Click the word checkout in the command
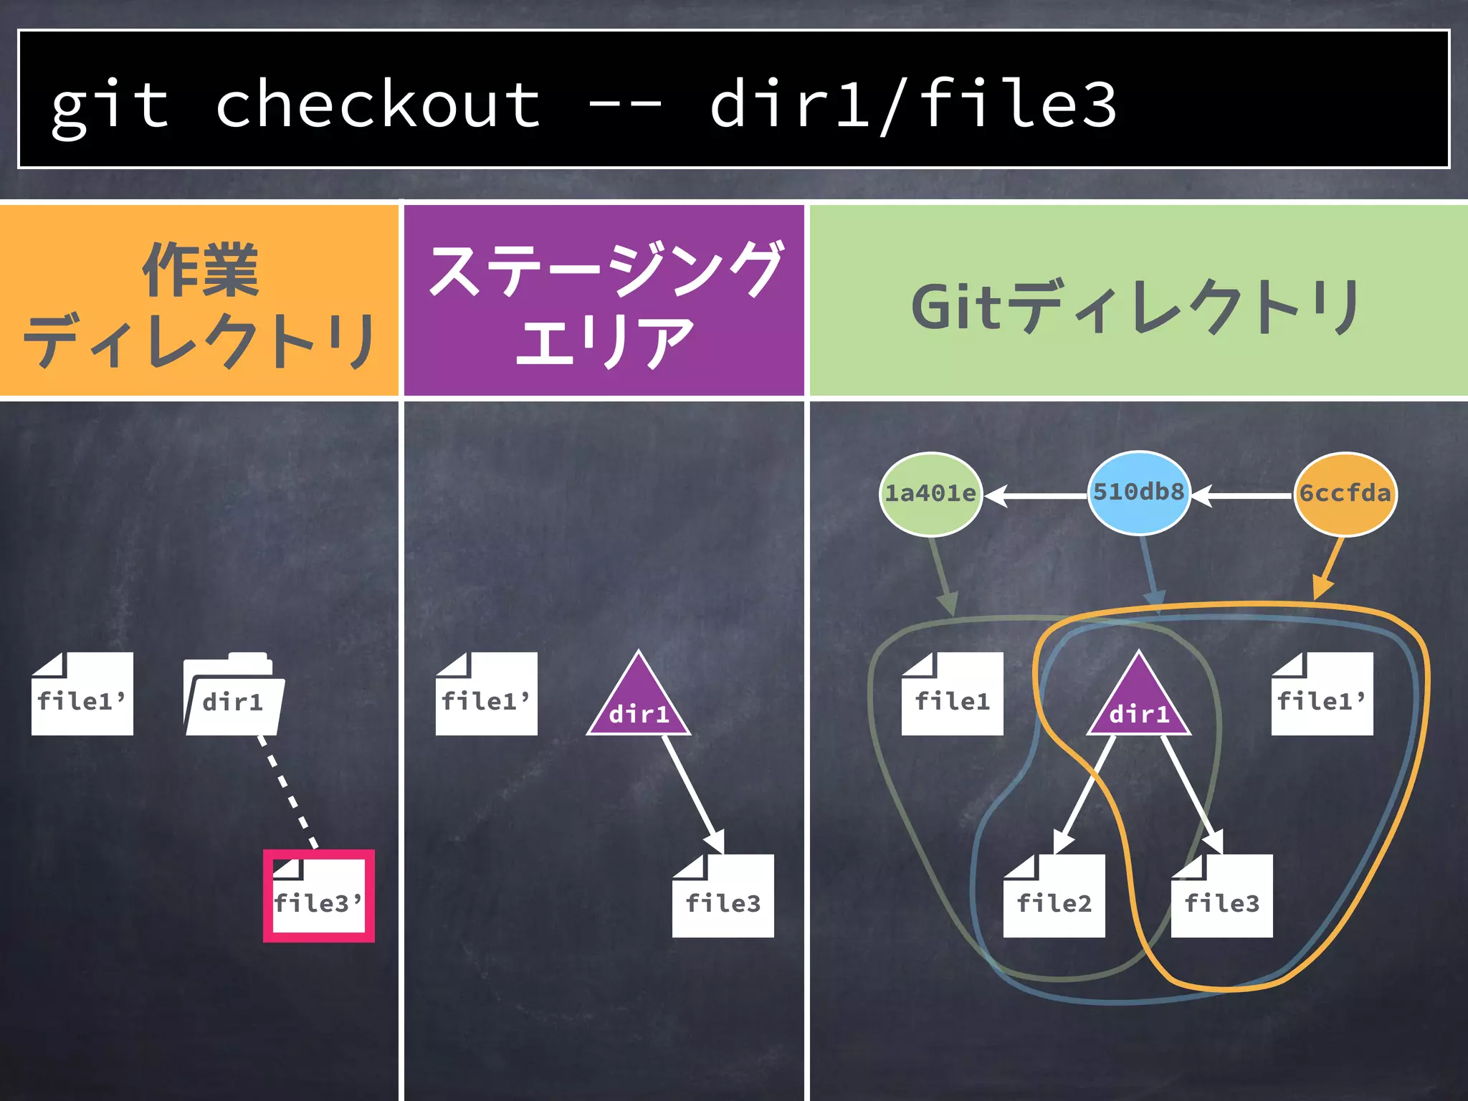point(378,105)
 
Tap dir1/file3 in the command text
point(912,105)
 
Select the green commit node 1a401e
point(930,494)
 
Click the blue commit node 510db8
point(1138,492)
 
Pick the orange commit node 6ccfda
point(1345,494)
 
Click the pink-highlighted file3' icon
point(318,896)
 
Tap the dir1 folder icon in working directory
point(234,695)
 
